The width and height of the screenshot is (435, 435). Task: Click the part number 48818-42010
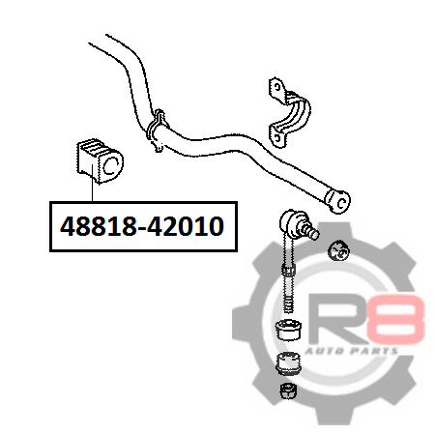[x=142, y=226]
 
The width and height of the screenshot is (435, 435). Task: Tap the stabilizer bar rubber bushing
[x=100, y=160]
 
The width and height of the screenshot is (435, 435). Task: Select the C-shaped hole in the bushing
[x=110, y=165]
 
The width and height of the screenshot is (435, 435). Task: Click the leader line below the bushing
[x=92, y=183]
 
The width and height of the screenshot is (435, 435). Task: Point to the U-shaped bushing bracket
[x=290, y=112]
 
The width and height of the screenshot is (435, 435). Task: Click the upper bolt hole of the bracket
[x=276, y=87]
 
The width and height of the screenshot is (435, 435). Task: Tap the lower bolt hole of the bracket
[x=276, y=137]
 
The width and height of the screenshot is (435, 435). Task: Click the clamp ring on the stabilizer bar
[x=156, y=130]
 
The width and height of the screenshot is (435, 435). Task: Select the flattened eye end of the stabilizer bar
[x=337, y=201]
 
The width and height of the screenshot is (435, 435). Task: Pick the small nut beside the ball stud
[x=338, y=251]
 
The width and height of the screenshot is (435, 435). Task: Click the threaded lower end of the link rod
[x=289, y=296]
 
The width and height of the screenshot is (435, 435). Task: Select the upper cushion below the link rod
[x=288, y=330]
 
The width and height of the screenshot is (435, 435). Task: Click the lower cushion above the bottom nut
[x=288, y=363]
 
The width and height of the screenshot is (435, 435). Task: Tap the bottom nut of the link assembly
[x=288, y=391]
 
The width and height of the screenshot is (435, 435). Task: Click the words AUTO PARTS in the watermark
[x=352, y=351]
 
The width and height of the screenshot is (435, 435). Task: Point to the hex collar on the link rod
[x=289, y=270]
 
